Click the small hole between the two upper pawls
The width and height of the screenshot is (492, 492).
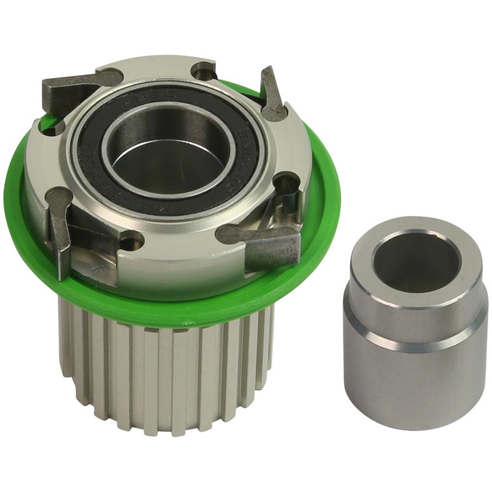click(x=205, y=73)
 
